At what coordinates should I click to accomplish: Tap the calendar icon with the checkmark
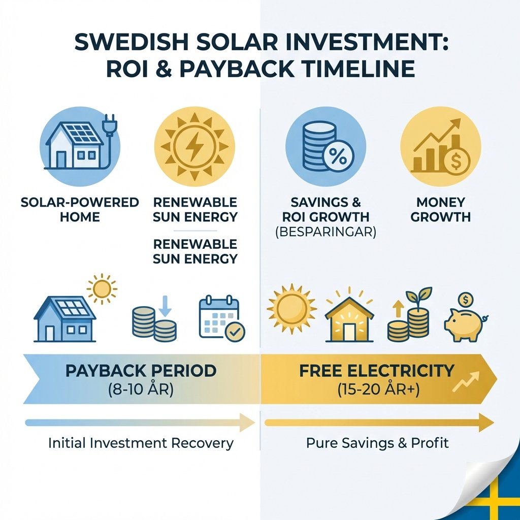[x=221, y=317]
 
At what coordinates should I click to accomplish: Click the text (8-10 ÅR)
[x=141, y=391]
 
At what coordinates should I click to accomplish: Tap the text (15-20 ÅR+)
[x=376, y=391]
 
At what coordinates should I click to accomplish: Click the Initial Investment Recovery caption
[x=141, y=443]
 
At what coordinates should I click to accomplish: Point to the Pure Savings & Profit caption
[x=377, y=443]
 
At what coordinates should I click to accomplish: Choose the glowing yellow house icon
[x=349, y=318]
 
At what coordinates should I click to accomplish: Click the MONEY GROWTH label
[x=440, y=210]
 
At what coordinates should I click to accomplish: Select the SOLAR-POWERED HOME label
[x=80, y=210]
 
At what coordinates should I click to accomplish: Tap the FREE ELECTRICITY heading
[x=376, y=370]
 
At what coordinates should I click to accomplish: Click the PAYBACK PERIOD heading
[x=141, y=370]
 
